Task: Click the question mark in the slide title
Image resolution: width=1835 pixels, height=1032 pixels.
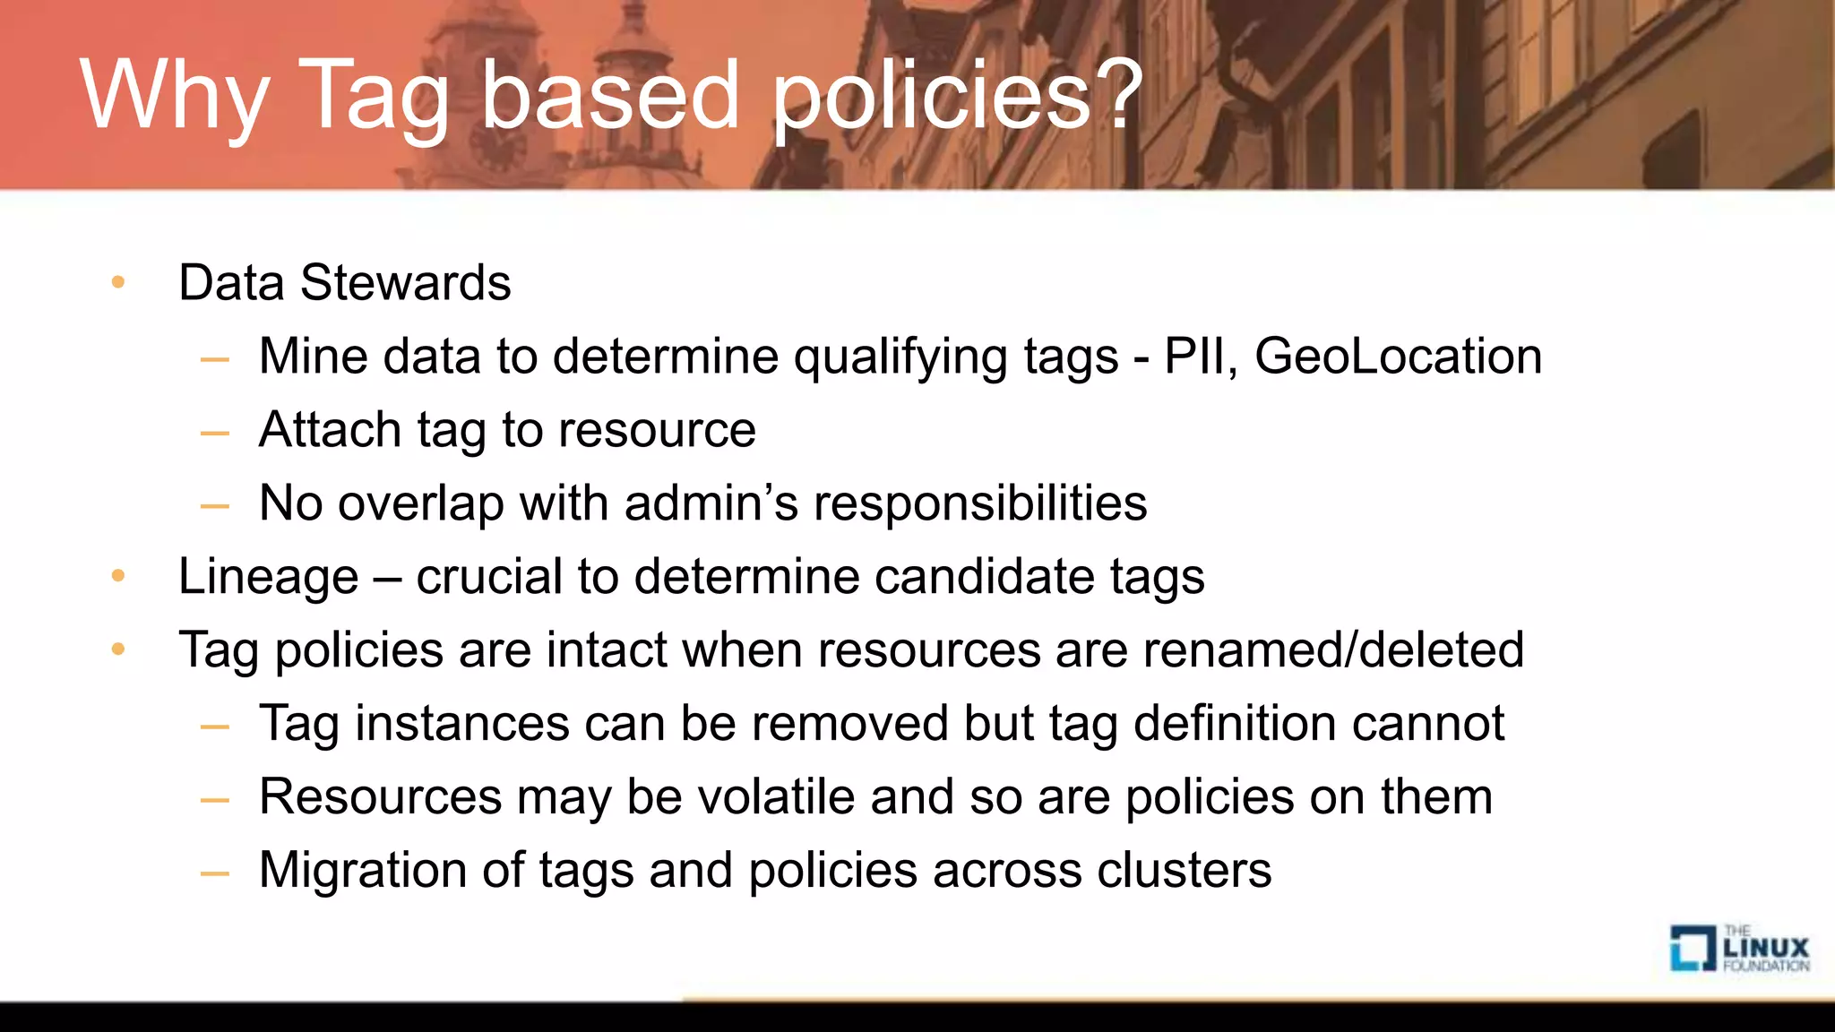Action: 1118,93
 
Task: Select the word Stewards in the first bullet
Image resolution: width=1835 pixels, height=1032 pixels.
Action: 405,283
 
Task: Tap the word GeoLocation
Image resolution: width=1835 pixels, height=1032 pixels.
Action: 1398,357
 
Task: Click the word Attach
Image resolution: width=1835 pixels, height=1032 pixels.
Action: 329,430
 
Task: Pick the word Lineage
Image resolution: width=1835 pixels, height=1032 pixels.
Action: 268,577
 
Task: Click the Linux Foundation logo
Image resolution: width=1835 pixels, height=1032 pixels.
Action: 1738,949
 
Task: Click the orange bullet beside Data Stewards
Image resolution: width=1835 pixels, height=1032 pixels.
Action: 118,283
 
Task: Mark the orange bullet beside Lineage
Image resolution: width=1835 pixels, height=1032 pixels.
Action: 118,576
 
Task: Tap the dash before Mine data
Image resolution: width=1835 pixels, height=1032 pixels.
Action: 215,360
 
